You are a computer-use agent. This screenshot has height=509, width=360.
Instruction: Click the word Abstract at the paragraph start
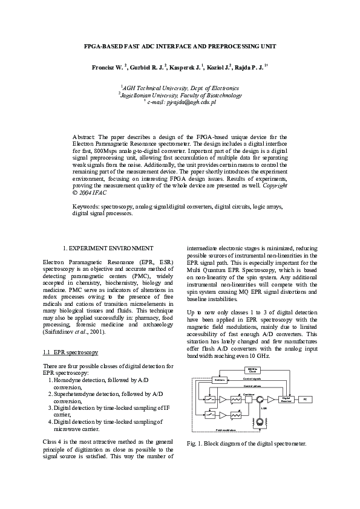pos(84,138)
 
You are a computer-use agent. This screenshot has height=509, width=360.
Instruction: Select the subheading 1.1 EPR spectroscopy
pos(68,352)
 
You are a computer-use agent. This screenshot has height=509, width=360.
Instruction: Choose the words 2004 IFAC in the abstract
pos(94,193)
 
